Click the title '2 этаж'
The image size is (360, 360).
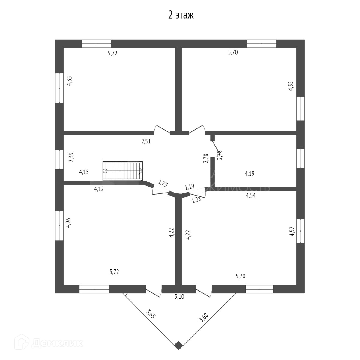pyautogui.click(x=181, y=15)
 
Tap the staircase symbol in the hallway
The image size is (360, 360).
pyautogui.click(x=123, y=171)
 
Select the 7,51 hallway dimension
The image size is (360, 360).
pyautogui.click(x=146, y=142)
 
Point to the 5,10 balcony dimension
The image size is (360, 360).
pyautogui.click(x=179, y=297)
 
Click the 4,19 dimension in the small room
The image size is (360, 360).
pyautogui.click(x=250, y=173)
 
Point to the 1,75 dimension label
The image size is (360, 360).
pyautogui.click(x=163, y=183)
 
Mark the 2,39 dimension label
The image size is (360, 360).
pyautogui.click(x=71, y=157)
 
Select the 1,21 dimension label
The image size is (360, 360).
pyautogui.click(x=196, y=199)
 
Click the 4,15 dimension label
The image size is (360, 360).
pyautogui.click(x=84, y=172)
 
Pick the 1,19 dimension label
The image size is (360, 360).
pyautogui.click(x=190, y=187)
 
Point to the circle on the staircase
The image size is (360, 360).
pyautogui.click(x=105, y=171)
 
